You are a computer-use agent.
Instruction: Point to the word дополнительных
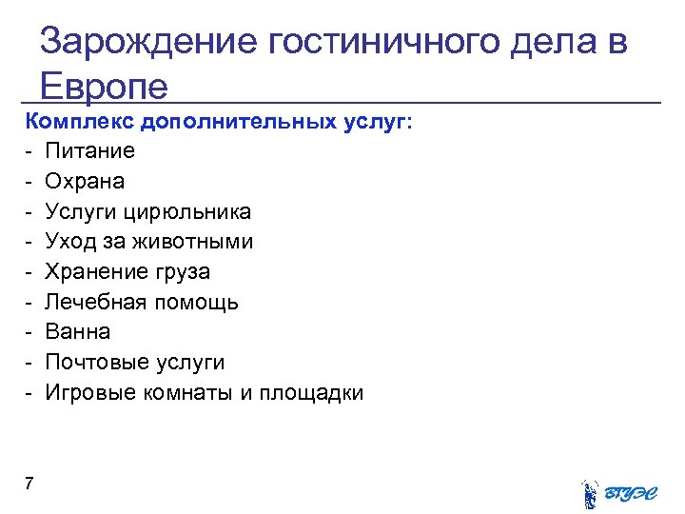pos(237,121)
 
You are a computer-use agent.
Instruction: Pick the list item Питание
pos(90,150)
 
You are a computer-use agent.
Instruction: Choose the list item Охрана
pos(85,181)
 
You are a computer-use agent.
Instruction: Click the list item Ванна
pos(78,332)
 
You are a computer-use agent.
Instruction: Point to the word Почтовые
pos(99,363)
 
